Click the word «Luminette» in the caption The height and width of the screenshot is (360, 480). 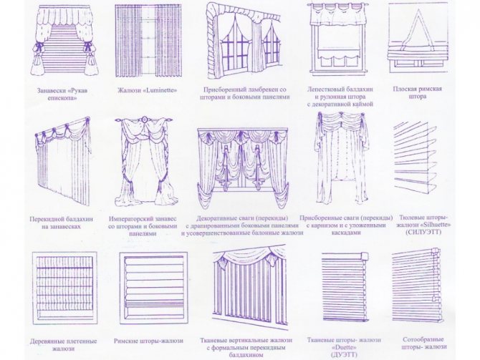click(160, 90)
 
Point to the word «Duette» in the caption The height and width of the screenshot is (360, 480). click(344, 348)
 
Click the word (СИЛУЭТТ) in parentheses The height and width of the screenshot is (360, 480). click(423, 232)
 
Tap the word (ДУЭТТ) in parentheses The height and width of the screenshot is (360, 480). click(344, 355)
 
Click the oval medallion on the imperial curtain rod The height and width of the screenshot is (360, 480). click(143, 120)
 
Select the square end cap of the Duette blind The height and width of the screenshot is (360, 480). click(364, 256)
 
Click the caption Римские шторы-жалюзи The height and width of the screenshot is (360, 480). click(148, 341)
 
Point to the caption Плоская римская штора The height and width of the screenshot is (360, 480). click(417, 92)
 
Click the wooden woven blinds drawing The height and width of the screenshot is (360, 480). click(64, 288)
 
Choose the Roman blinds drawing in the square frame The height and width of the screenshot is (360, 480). click(153, 288)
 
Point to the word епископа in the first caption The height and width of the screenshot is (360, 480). click(62, 98)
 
